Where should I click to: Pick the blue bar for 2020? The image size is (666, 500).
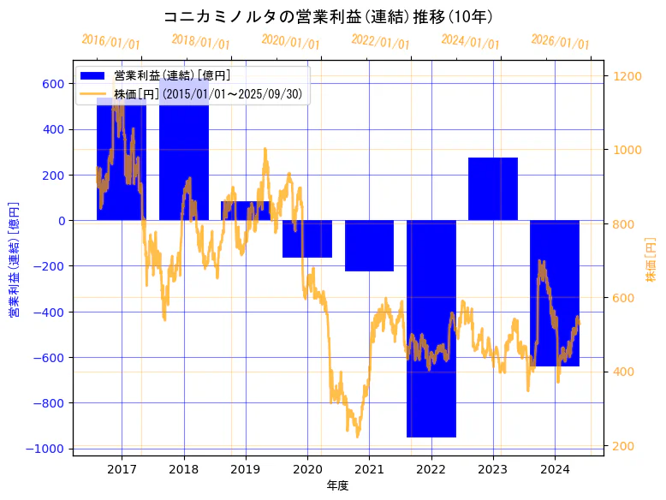(x=307, y=239)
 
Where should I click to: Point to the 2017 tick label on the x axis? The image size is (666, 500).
(x=122, y=469)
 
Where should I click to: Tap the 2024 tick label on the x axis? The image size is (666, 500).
(x=555, y=469)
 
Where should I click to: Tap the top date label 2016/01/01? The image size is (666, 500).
(x=111, y=41)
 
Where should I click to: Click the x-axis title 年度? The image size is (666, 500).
(x=338, y=486)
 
